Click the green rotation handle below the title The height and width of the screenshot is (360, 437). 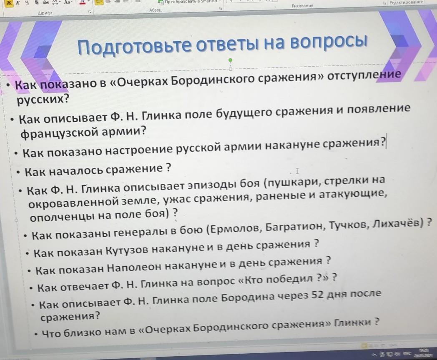[x=230, y=60]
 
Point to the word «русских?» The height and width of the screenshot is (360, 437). [x=43, y=99]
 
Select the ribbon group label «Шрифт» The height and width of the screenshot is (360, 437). [x=45, y=13]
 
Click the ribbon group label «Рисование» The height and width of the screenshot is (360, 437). [x=302, y=5]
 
